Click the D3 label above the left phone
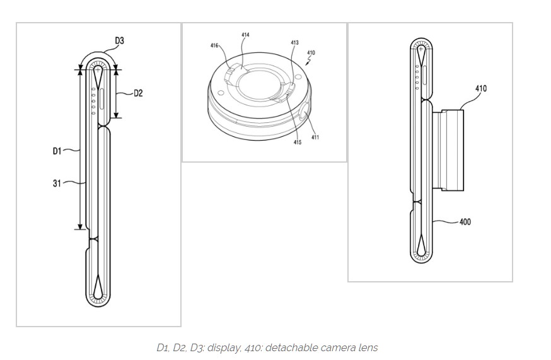119,41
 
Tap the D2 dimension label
138,93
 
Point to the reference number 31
57,183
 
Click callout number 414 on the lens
245,35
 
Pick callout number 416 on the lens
214,45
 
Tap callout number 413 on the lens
294,43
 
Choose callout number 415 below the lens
297,142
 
